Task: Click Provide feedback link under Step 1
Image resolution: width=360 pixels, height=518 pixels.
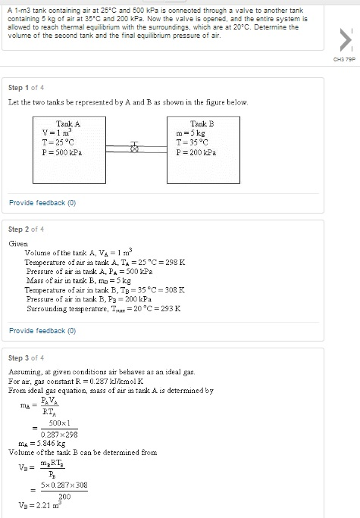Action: tap(42, 203)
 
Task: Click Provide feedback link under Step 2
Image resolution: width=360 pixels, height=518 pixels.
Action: tap(42, 331)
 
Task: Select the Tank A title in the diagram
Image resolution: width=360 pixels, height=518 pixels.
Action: tap(68, 123)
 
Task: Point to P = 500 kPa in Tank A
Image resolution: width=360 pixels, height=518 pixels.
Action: tap(63, 151)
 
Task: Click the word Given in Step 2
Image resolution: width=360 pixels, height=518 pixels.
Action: tap(18, 243)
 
